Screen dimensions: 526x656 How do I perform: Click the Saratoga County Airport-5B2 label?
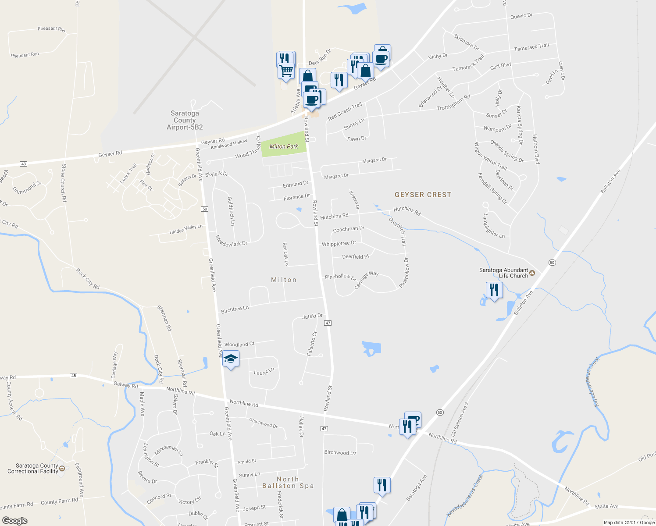(x=185, y=120)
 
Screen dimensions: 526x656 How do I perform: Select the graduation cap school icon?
(x=231, y=359)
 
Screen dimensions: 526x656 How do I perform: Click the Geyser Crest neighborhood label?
(x=423, y=195)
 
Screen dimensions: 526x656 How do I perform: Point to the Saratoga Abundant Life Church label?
(x=503, y=273)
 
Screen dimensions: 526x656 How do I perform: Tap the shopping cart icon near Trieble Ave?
(x=286, y=71)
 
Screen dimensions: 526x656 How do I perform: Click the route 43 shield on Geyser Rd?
(x=24, y=164)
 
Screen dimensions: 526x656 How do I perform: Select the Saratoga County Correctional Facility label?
(x=33, y=469)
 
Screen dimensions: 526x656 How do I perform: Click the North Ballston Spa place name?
(x=288, y=483)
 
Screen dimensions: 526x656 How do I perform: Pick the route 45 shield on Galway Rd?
(x=73, y=376)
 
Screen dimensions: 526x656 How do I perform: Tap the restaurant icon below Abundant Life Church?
(x=494, y=290)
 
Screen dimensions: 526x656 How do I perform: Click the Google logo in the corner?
(x=15, y=521)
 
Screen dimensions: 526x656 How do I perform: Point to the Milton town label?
(x=284, y=280)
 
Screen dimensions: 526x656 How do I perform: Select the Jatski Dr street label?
(x=312, y=316)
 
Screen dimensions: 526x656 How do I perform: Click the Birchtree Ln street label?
(x=235, y=309)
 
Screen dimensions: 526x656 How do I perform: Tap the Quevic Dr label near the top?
(x=521, y=16)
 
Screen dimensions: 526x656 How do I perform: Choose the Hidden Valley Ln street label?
(x=186, y=229)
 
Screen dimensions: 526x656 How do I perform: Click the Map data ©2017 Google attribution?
(x=629, y=522)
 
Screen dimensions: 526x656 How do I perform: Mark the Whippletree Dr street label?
(x=339, y=243)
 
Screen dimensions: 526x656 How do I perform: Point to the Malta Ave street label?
(x=606, y=507)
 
